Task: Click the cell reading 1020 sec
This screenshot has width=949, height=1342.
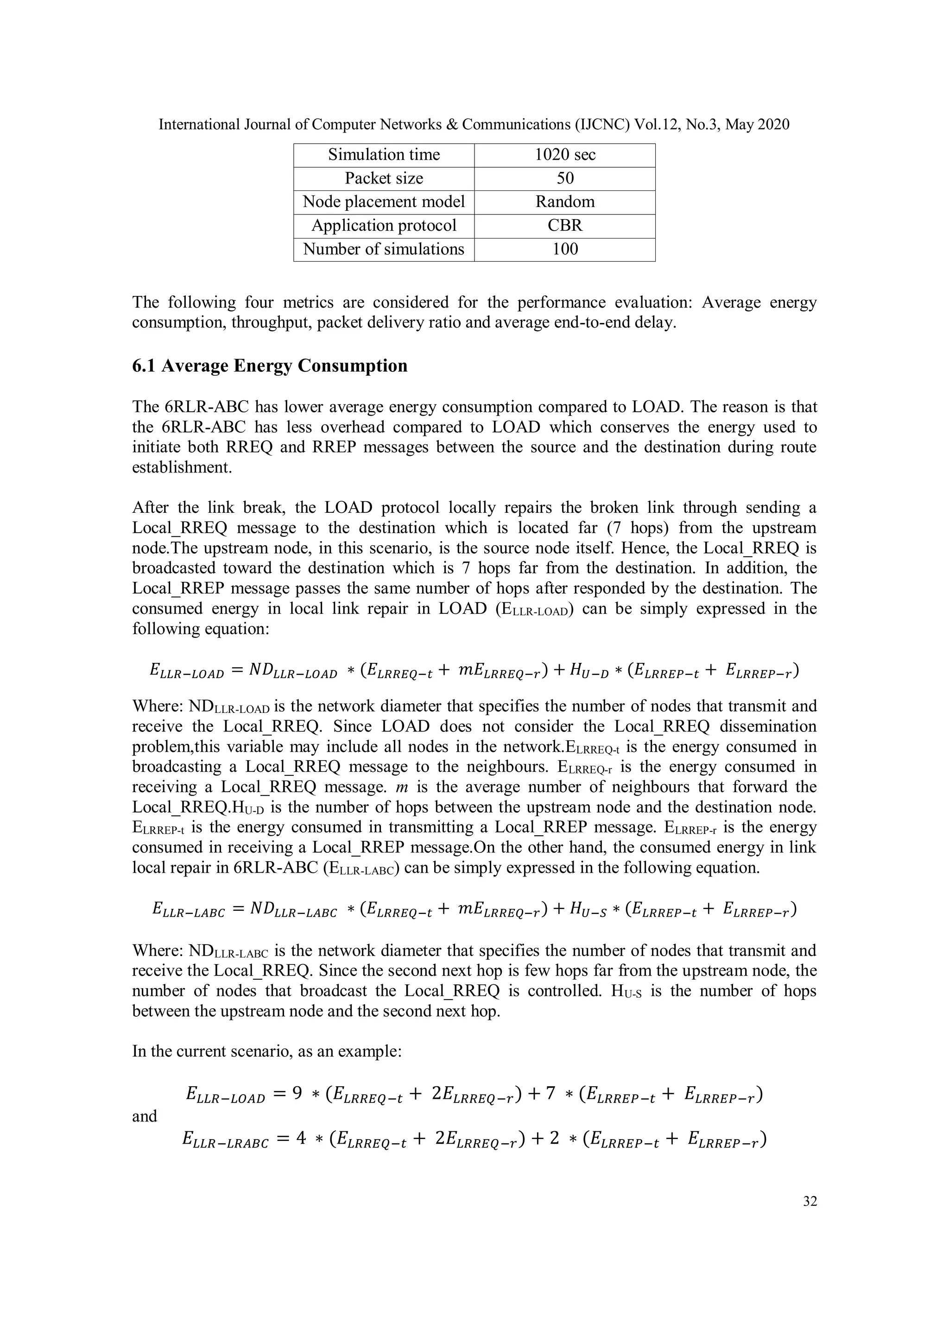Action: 564,155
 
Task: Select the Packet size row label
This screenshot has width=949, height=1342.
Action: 384,178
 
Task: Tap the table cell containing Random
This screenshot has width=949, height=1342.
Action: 564,202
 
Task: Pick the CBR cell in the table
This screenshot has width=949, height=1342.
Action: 564,226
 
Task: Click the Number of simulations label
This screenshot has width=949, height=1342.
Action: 384,249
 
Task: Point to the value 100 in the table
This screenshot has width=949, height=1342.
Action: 564,249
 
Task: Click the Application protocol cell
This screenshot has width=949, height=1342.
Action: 384,226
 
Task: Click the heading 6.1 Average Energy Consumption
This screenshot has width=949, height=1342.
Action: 270,366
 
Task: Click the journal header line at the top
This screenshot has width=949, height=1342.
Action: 474,125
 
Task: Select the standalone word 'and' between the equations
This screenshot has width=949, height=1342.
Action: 145,1116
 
